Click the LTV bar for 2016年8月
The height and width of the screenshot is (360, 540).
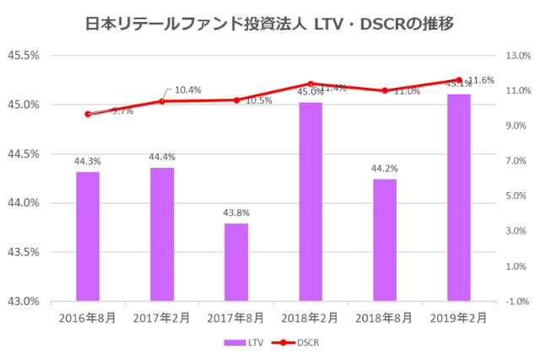coord(88,236)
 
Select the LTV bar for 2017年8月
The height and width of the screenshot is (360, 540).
coord(236,261)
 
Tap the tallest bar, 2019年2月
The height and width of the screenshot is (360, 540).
coord(459,197)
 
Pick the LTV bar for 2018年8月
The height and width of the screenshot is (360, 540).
coord(385,239)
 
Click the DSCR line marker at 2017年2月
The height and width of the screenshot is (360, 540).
coord(162,101)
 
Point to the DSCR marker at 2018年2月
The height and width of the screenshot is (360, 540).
coord(310,84)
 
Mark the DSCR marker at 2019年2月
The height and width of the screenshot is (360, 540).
coord(459,80)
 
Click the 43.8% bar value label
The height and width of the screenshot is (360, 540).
coord(236,213)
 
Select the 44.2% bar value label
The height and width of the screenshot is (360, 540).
coord(385,169)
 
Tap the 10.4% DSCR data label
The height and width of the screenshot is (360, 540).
coord(188,89)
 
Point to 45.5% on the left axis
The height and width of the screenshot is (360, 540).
coord(24,56)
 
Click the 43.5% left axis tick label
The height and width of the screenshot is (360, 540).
coord(24,252)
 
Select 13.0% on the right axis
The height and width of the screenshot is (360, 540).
coord(516,56)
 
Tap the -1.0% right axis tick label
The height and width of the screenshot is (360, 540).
coord(516,301)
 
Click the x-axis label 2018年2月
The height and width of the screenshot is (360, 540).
coord(310,318)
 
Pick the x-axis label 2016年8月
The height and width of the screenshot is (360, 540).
coord(88,318)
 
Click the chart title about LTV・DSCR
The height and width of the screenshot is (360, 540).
coord(270,24)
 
